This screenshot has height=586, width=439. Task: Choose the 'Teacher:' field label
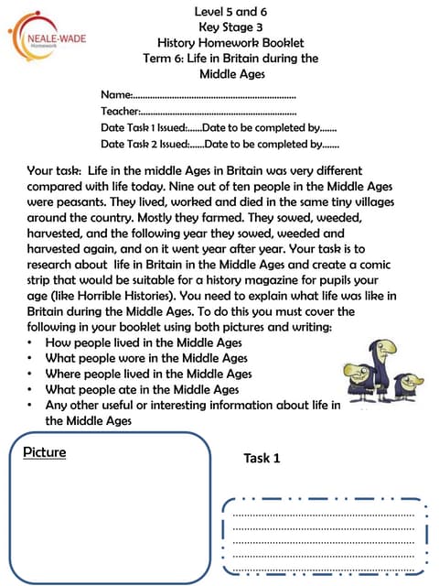(x=122, y=112)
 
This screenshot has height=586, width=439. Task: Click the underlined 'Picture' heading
(x=45, y=452)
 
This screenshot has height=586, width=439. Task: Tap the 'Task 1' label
(x=262, y=458)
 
